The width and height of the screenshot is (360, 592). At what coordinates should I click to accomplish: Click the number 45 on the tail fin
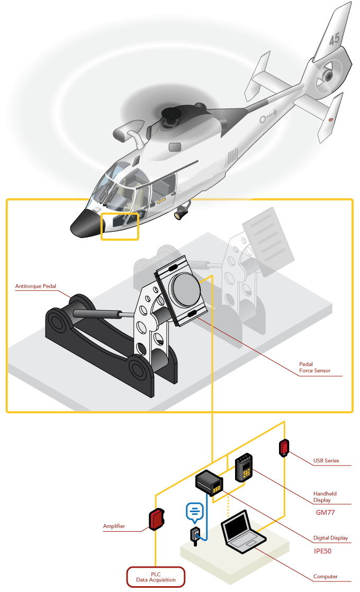pyautogui.click(x=334, y=39)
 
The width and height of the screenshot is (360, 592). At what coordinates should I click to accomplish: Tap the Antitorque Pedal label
pyautogui.click(x=35, y=286)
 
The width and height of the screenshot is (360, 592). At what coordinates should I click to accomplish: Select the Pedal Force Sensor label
pyautogui.click(x=314, y=367)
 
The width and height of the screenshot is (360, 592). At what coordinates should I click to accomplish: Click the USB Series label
pyautogui.click(x=326, y=461)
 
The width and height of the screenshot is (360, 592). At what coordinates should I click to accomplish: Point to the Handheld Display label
pyautogui.click(x=325, y=497)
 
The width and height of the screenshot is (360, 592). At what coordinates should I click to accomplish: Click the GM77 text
pyautogui.click(x=325, y=512)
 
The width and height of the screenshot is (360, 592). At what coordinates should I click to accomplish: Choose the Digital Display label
pyautogui.click(x=330, y=538)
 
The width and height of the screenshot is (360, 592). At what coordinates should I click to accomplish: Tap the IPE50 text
pyautogui.click(x=322, y=551)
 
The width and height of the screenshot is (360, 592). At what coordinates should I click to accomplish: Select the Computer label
pyautogui.click(x=325, y=577)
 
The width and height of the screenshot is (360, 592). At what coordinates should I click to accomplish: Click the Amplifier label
pyautogui.click(x=114, y=526)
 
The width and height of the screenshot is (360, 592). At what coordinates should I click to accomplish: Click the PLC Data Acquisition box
pyautogui.click(x=156, y=577)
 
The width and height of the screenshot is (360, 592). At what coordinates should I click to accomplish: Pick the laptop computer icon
pyautogui.click(x=243, y=531)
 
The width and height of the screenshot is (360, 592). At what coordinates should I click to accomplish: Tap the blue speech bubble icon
pyautogui.click(x=195, y=513)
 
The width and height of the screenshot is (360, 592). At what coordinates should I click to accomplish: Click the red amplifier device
pyautogui.click(x=157, y=519)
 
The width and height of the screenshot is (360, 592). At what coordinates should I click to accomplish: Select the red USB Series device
pyautogui.click(x=284, y=448)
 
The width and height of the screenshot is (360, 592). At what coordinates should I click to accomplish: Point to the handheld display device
pyautogui.click(x=244, y=467)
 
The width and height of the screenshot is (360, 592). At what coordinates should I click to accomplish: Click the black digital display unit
pyautogui.click(x=209, y=482)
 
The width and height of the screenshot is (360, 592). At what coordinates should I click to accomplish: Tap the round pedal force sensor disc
pyautogui.click(x=186, y=288)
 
